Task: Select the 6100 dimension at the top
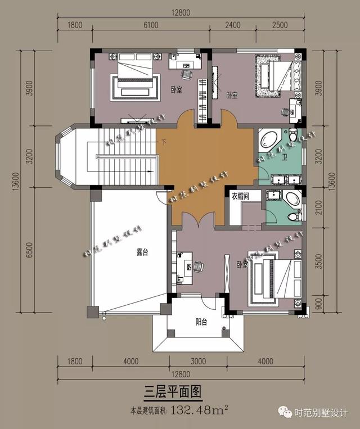coord(151,25)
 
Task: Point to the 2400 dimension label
coord(232,25)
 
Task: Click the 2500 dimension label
coord(280,25)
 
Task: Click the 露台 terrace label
coord(142,253)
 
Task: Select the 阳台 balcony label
coord(202,322)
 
